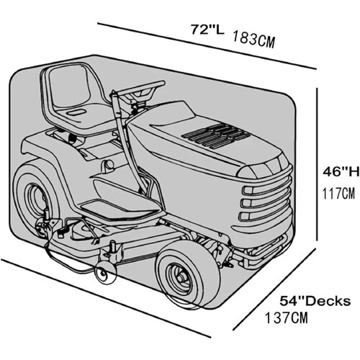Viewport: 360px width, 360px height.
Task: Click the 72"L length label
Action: click(207, 30)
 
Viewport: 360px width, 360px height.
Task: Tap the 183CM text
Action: click(253, 39)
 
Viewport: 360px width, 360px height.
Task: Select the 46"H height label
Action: click(341, 172)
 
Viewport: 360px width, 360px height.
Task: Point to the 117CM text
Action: click(338, 194)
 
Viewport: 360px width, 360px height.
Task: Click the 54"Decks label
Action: click(315, 301)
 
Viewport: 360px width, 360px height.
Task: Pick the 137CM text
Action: click(287, 318)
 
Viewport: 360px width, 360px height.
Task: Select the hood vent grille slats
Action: click(215, 135)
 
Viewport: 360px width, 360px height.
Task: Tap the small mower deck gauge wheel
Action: click(106, 273)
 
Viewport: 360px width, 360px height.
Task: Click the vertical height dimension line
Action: click(318, 164)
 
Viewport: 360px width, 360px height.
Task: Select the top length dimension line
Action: click(207, 46)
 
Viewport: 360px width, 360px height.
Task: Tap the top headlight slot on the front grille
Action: click(264, 190)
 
